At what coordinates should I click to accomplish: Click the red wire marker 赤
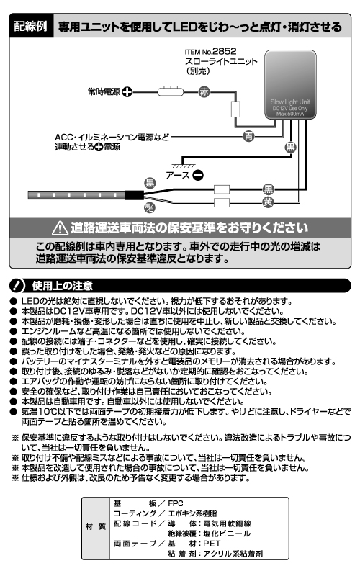pos(203,92)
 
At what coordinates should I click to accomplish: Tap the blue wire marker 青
pos(248,135)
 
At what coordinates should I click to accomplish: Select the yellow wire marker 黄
pos(268,202)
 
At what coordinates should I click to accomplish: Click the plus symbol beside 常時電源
pos(127,92)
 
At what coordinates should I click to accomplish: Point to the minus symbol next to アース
pos(197,174)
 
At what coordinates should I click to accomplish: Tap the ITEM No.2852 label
pos(210,52)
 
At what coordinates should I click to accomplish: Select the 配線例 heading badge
pos(32,28)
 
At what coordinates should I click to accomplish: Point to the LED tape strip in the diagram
pos(76,194)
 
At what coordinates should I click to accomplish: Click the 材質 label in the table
pos(98,527)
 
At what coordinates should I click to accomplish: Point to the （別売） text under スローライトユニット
pos(198,73)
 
